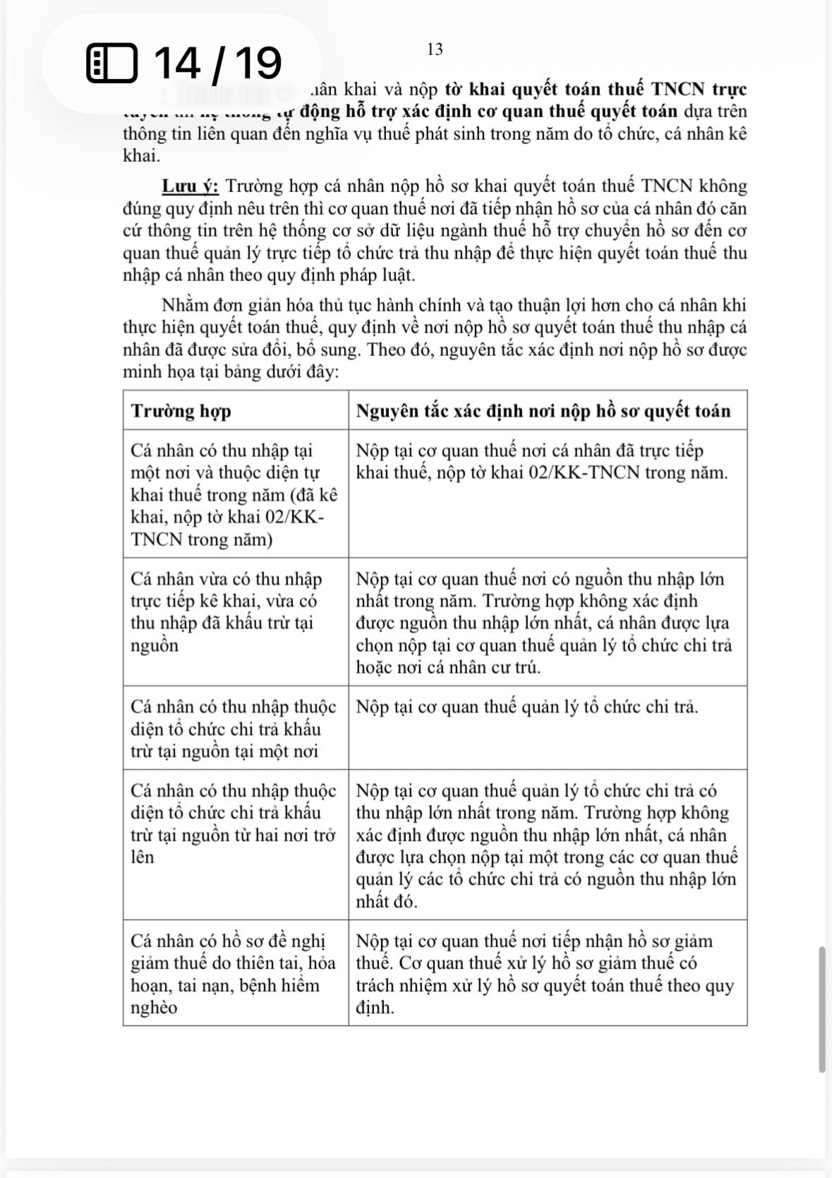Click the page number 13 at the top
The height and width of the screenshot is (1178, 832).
pyautogui.click(x=435, y=49)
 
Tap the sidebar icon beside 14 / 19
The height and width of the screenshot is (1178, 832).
pyautogui.click(x=111, y=64)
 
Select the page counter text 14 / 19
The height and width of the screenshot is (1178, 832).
pyautogui.click(x=217, y=63)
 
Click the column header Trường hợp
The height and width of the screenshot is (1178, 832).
pyautogui.click(x=181, y=411)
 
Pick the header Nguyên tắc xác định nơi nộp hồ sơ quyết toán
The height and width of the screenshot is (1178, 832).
pyautogui.click(x=543, y=411)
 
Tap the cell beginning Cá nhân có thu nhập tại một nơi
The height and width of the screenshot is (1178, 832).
pyautogui.click(x=235, y=494)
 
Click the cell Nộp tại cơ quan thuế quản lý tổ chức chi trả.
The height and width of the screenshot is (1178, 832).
pyautogui.click(x=527, y=707)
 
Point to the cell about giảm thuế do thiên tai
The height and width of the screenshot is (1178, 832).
pyautogui.click(x=235, y=974)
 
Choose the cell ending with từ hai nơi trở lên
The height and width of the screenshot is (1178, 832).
pyautogui.click(x=235, y=823)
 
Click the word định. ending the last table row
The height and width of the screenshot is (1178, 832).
pyautogui.click(x=375, y=1008)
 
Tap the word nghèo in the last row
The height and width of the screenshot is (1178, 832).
pyautogui.click(x=155, y=1008)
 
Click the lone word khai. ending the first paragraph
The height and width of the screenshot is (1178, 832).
pyautogui.click(x=141, y=156)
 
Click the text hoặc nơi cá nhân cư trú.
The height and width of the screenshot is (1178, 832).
pyautogui.click(x=447, y=667)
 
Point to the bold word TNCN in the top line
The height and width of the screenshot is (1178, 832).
pyautogui.click(x=677, y=90)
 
